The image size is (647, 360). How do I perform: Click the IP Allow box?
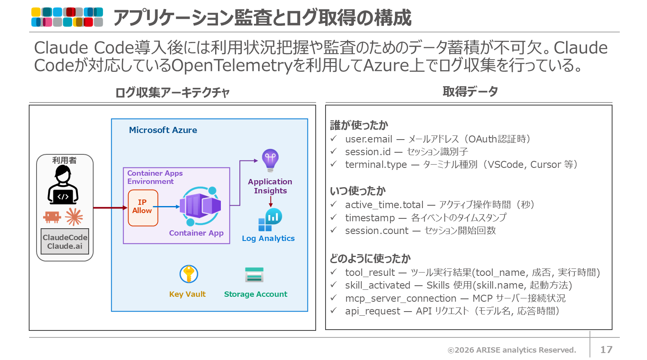click(x=143, y=208)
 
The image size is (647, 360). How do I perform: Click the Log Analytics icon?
click(x=270, y=220)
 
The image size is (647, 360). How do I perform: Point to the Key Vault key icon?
click(x=188, y=274)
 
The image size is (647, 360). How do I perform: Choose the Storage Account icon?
click(x=254, y=275)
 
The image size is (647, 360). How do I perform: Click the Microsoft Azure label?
click(x=163, y=130)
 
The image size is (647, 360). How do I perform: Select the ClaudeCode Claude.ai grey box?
click(x=65, y=241)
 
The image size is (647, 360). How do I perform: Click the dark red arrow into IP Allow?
click(x=110, y=208)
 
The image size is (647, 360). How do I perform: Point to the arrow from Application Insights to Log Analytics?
click(x=271, y=202)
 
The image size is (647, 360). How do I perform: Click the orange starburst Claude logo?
click(x=74, y=217)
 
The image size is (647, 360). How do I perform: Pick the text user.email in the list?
click(x=369, y=139)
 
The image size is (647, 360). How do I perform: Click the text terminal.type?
click(x=376, y=165)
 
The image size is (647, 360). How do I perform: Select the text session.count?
click(x=376, y=231)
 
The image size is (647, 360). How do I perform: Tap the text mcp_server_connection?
click(x=401, y=298)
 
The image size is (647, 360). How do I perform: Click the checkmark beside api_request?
click(x=334, y=310)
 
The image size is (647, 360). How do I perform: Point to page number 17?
click(x=606, y=350)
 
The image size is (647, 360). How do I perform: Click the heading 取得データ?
click(x=470, y=92)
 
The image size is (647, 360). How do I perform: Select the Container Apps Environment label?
click(x=155, y=177)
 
